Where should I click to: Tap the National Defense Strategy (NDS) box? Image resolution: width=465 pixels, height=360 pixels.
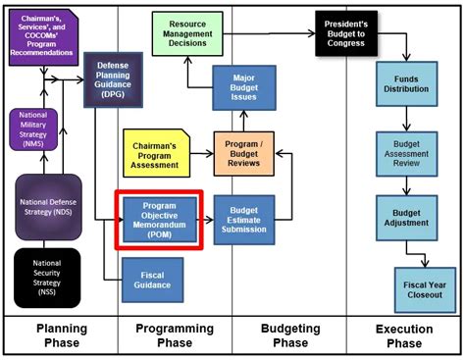click(47, 206)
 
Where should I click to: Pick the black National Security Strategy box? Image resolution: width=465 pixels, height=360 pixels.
click(47, 276)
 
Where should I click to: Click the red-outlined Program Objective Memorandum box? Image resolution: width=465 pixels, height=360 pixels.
click(158, 219)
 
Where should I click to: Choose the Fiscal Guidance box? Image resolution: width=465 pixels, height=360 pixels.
click(151, 279)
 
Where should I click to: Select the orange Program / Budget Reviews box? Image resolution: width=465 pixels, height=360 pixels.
click(242, 153)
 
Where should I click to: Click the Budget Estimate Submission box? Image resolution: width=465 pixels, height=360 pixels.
click(243, 219)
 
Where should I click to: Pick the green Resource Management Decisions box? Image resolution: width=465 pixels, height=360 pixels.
click(186, 33)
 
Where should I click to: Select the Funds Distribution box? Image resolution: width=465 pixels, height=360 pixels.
click(406, 83)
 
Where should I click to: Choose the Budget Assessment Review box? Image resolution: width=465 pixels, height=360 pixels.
click(406, 151)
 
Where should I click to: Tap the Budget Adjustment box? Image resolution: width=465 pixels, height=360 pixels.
click(406, 218)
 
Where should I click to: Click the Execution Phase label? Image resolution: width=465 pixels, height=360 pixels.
click(403, 335)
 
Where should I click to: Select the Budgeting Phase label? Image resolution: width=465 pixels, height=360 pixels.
click(289, 335)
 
